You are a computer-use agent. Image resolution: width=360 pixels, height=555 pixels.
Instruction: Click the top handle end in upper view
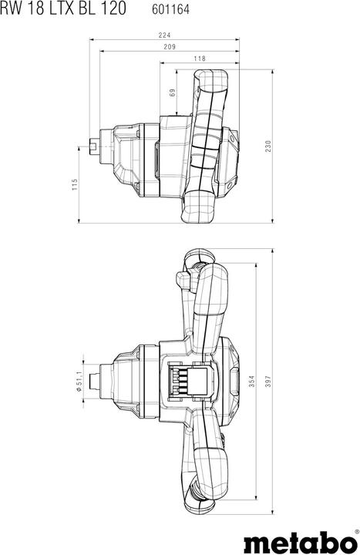[x=209, y=82]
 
